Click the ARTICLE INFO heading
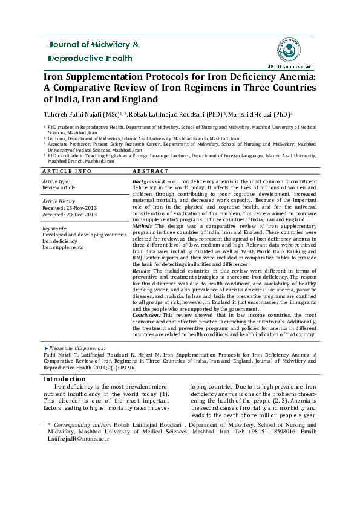coord(67,172)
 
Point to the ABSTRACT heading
coord(150,172)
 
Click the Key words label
coord(54,229)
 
